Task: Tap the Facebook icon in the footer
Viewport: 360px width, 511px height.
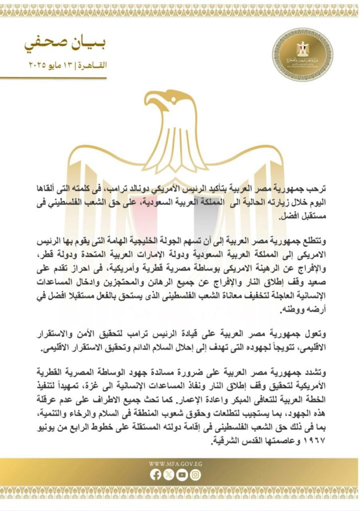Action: click(x=156, y=476)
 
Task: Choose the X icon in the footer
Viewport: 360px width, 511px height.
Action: click(x=170, y=476)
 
